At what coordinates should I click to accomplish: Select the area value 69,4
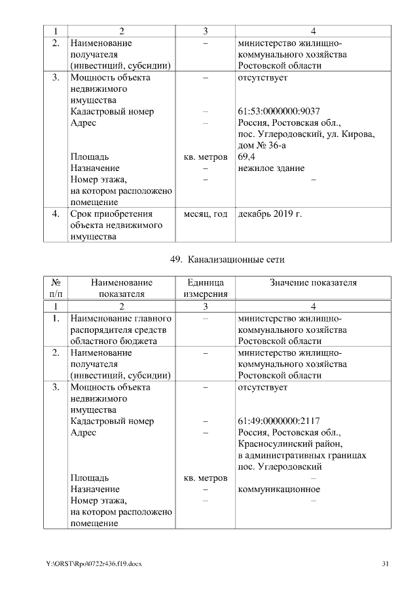pyautogui.click(x=247, y=157)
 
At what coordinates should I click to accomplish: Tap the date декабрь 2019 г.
pyautogui.click(x=270, y=214)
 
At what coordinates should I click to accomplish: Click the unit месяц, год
pyautogui.click(x=206, y=214)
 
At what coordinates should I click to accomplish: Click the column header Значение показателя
pyautogui.click(x=314, y=282)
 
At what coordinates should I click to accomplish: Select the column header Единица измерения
pyautogui.click(x=206, y=288)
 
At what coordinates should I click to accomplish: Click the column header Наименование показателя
pyautogui.click(x=121, y=288)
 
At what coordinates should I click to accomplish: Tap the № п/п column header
pyautogui.click(x=56, y=288)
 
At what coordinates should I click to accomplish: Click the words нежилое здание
pyautogui.click(x=271, y=168)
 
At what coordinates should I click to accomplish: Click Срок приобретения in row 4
pyautogui.click(x=111, y=214)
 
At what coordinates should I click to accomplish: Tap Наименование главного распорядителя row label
pyautogui.click(x=119, y=318)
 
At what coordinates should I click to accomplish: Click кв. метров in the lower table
pyautogui.click(x=206, y=478)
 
